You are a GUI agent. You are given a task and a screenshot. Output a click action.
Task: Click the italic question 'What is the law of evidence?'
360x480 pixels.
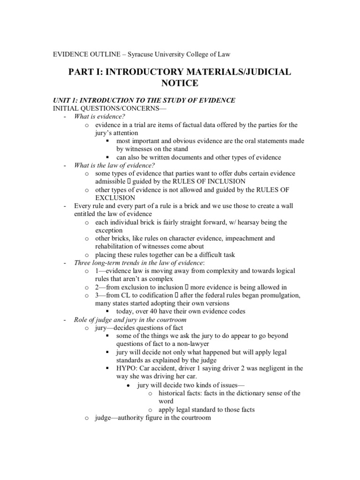(x=114, y=165)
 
